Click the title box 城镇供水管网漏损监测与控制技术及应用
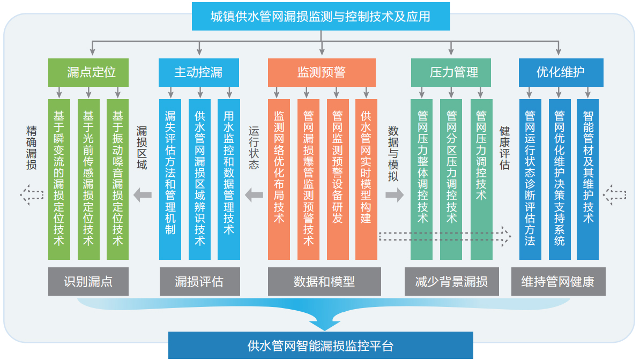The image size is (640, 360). (x=321, y=17)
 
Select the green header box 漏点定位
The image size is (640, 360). (x=88, y=72)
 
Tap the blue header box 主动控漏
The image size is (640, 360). (x=198, y=72)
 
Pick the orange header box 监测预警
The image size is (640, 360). (x=322, y=72)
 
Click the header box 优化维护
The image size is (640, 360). (x=561, y=72)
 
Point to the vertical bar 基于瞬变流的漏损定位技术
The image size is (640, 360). (x=59, y=179)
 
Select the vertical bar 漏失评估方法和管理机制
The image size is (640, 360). (x=170, y=179)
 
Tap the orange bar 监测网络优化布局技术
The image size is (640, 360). (x=279, y=179)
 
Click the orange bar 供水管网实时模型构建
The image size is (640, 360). (x=366, y=179)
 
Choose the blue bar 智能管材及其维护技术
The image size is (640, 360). (x=588, y=179)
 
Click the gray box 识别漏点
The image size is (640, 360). (x=88, y=281)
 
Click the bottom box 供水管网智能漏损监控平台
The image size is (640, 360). (x=321, y=346)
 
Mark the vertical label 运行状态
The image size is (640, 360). (x=254, y=148)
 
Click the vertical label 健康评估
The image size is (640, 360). (x=504, y=148)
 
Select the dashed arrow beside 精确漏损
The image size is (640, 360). (x=32, y=194)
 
